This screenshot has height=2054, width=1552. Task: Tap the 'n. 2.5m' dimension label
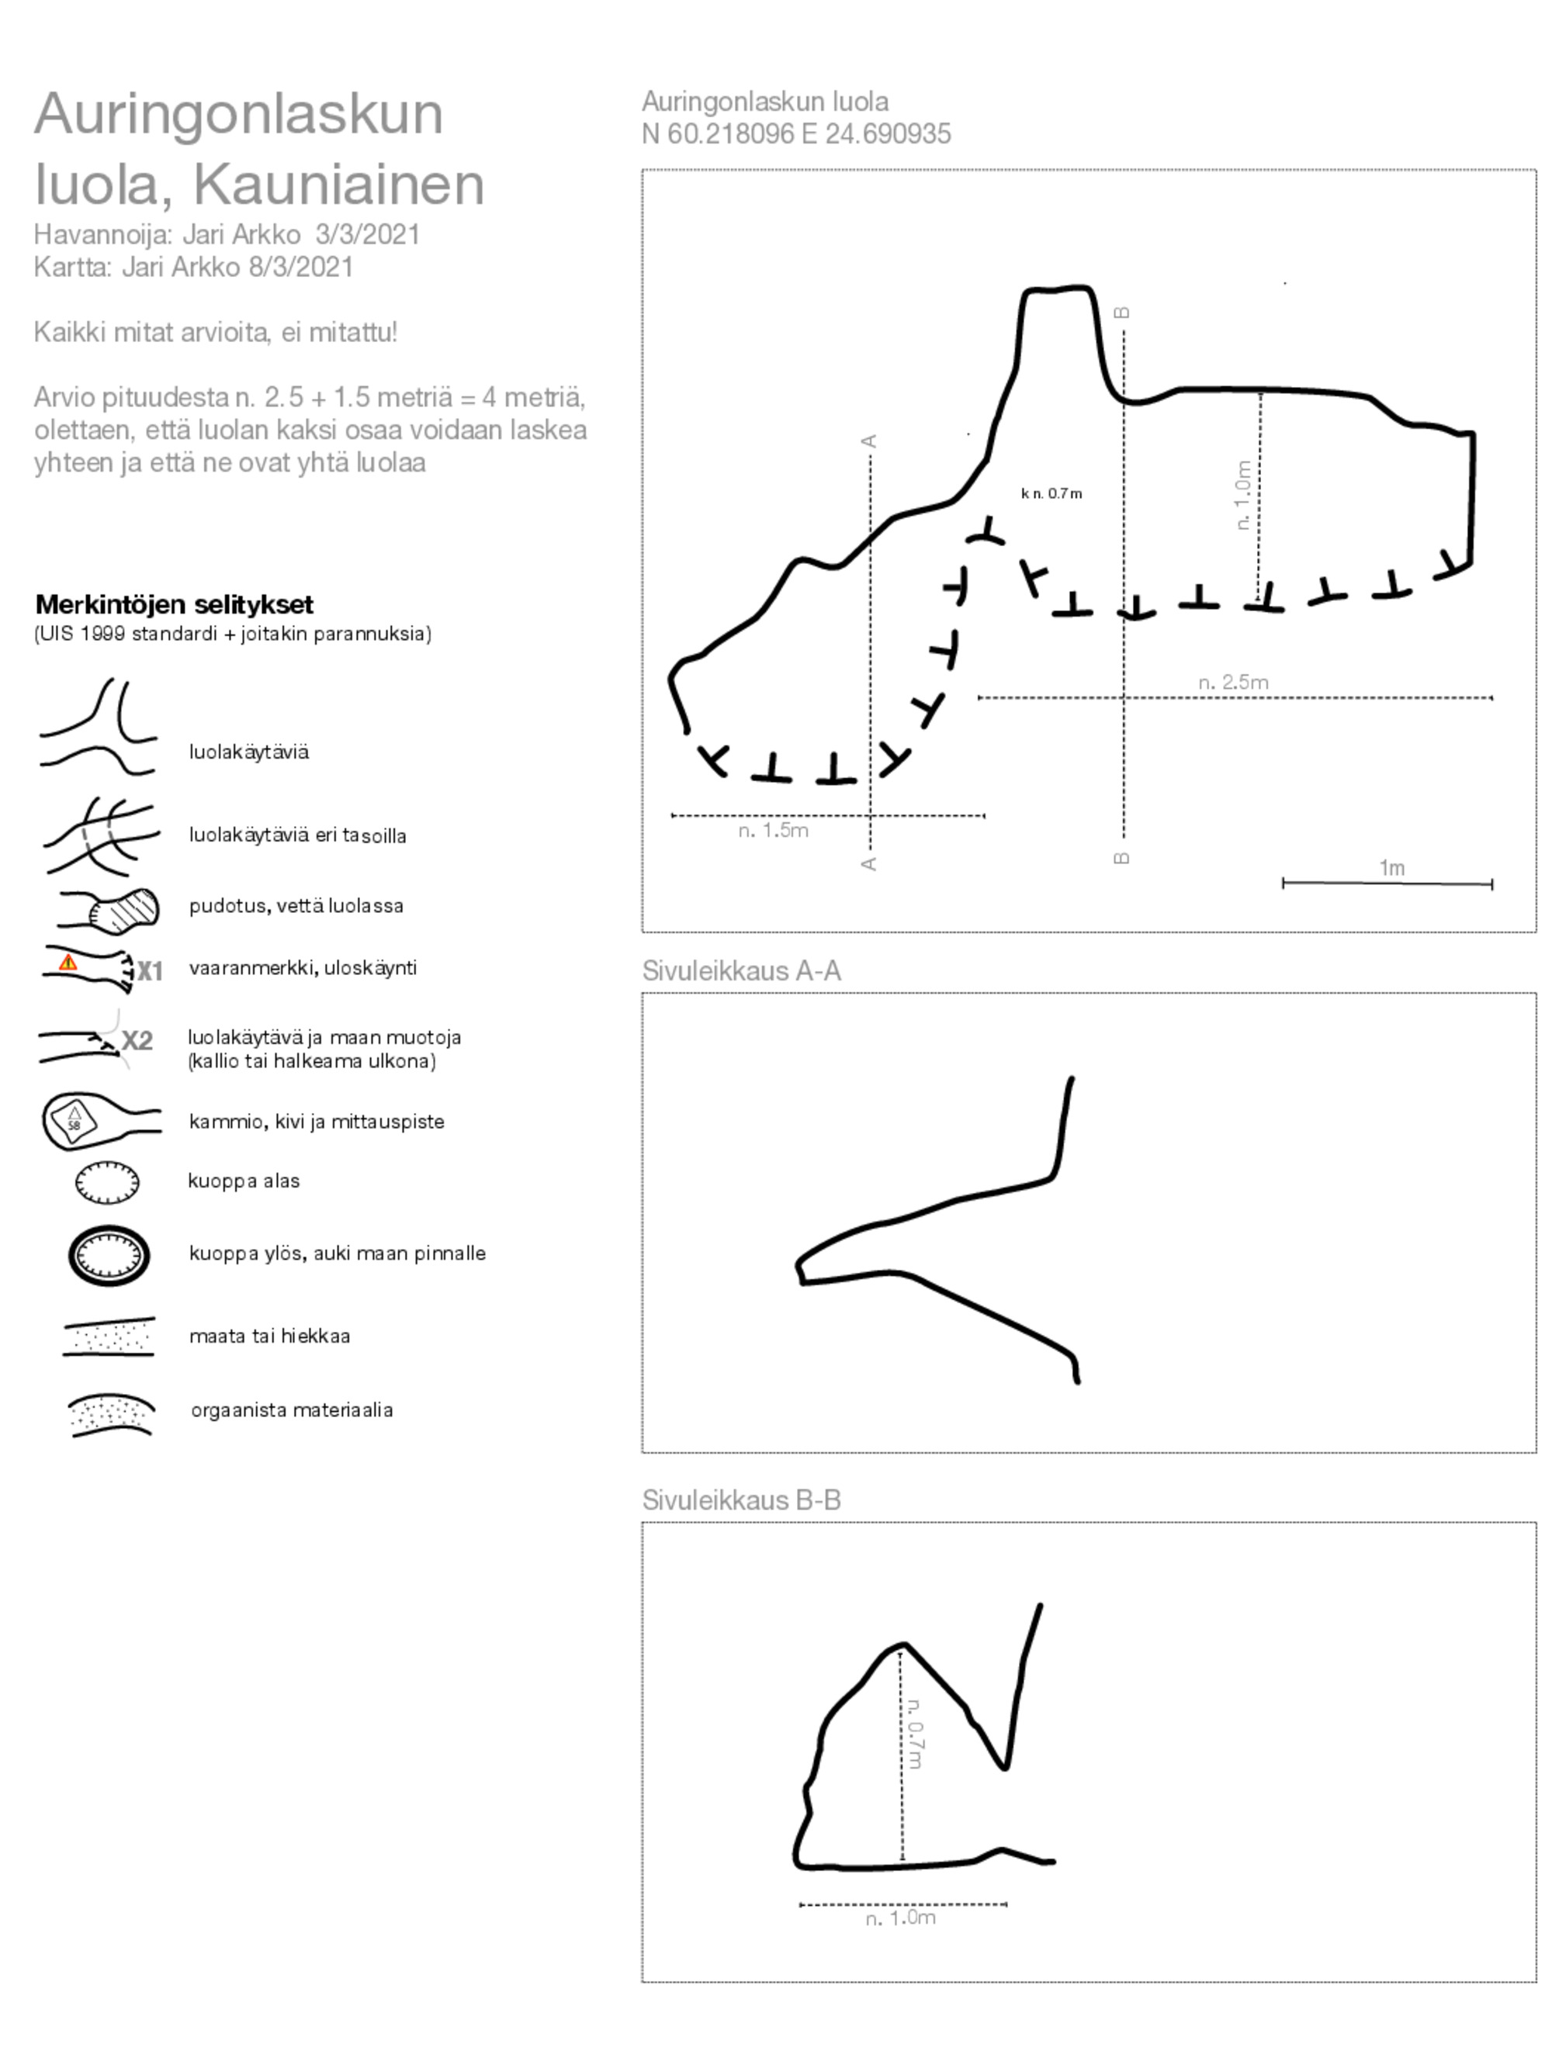coord(1232,683)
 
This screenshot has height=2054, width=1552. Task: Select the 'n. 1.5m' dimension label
coord(773,830)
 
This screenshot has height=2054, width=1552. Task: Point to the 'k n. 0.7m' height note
coord(1051,493)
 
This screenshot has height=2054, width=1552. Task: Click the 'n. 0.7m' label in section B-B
coord(915,1733)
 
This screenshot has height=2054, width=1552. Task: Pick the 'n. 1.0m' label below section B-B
coord(900,1917)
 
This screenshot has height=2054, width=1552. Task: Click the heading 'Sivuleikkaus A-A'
coord(741,970)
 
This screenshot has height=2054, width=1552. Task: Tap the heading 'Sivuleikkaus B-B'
coord(741,1499)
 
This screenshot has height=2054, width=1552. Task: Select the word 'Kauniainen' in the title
coord(338,184)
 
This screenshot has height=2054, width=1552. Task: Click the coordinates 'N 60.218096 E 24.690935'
coord(796,133)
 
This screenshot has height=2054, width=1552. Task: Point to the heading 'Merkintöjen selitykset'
coord(174,604)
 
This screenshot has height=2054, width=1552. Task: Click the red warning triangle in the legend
coord(68,963)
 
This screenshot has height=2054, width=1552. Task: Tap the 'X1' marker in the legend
coord(150,971)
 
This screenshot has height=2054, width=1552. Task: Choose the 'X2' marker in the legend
coord(137,1040)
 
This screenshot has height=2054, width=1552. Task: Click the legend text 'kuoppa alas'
coord(244,1181)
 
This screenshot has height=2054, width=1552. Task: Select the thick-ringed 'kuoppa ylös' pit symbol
coord(109,1255)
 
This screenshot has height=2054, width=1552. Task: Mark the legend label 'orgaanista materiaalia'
coord(292,1409)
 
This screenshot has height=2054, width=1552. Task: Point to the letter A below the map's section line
coord(869,863)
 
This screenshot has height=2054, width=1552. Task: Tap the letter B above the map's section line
coord(1122,312)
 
